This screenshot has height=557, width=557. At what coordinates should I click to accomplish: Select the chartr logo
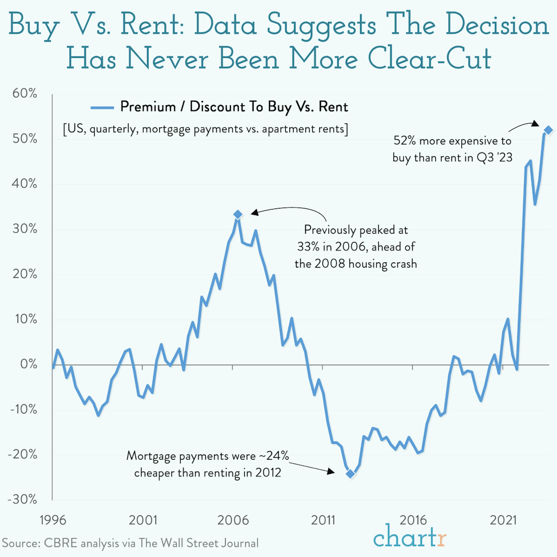coord(409,536)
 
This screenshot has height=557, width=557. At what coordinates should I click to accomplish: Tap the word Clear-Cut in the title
coord(429,59)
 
